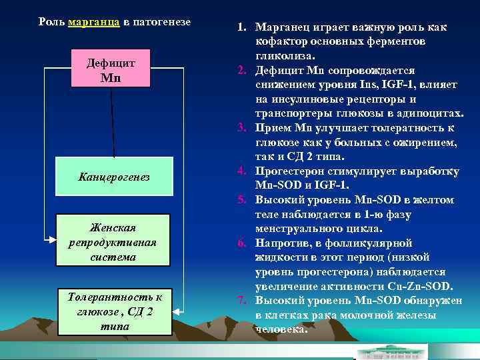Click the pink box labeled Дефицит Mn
[111, 69]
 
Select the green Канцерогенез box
[114, 177]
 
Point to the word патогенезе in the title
[163, 22]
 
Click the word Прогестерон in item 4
[290, 172]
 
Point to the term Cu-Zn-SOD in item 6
[419, 287]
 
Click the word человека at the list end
[283, 329]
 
